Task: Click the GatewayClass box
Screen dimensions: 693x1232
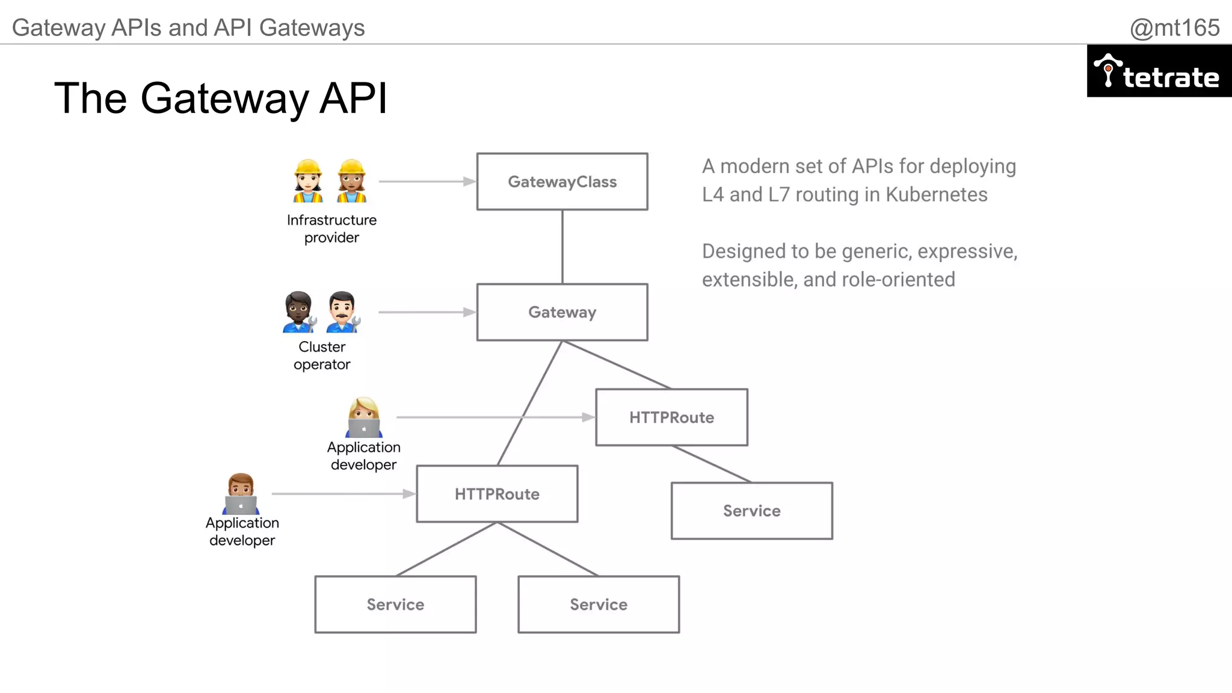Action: click(x=562, y=181)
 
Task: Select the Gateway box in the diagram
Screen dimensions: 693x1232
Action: click(x=562, y=312)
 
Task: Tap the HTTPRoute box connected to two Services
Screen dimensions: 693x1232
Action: click(x=497, y=493)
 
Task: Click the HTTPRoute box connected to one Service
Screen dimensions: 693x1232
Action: click(x=671, y=417)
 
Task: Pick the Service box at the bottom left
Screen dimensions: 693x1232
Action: click(x=395, y=604)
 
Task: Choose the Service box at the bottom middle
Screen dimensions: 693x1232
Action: click(x=599, y=604)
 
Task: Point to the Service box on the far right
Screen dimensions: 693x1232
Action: click(x=751, y=510)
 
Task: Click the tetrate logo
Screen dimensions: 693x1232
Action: click(x=1159, y=72)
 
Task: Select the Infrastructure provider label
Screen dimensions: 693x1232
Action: click(x=331, y=229)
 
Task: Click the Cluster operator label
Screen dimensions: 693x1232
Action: click(x=322, y=356)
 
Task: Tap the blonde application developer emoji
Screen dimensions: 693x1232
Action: click(x=364, y=416)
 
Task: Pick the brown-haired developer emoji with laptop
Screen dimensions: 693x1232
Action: click(x=241, y=493)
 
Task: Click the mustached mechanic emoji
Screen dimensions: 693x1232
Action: click(x=342, y=312)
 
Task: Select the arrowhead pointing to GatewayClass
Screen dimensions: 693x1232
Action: click(x=470, y=181)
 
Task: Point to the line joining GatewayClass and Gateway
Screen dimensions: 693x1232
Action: click(x=562, y=247)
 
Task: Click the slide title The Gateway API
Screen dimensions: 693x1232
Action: click(x=220, y=98)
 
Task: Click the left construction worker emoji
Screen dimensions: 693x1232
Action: click(x=308, y=180)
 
